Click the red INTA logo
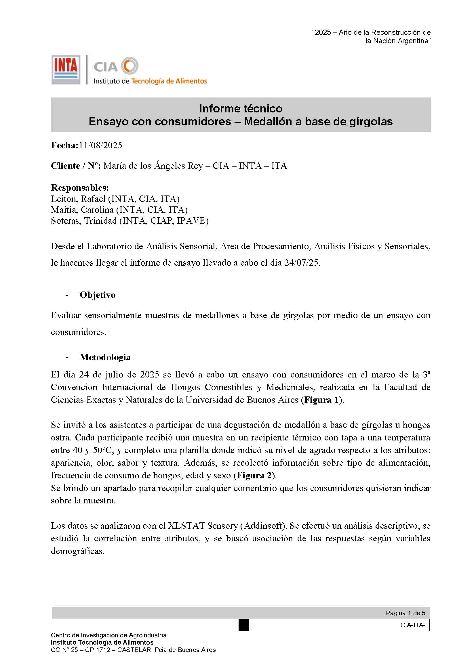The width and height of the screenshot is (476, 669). (66, 69)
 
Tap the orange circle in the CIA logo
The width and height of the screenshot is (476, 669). (130, 66)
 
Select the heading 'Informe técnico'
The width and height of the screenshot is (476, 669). (241, 109)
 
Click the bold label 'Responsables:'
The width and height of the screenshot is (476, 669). (80, 187)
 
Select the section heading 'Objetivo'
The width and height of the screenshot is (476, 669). (98, 295)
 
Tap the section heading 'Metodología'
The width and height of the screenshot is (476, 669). (105, 357)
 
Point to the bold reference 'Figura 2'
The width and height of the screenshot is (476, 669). (254, 476)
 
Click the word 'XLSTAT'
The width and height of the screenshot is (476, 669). (186, 526)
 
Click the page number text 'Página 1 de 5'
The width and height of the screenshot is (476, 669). (405, 613)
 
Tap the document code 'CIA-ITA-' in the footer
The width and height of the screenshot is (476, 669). (413, 625)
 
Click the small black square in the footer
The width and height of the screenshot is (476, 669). (243, 625)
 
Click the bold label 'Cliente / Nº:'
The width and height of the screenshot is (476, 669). (76, 166)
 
